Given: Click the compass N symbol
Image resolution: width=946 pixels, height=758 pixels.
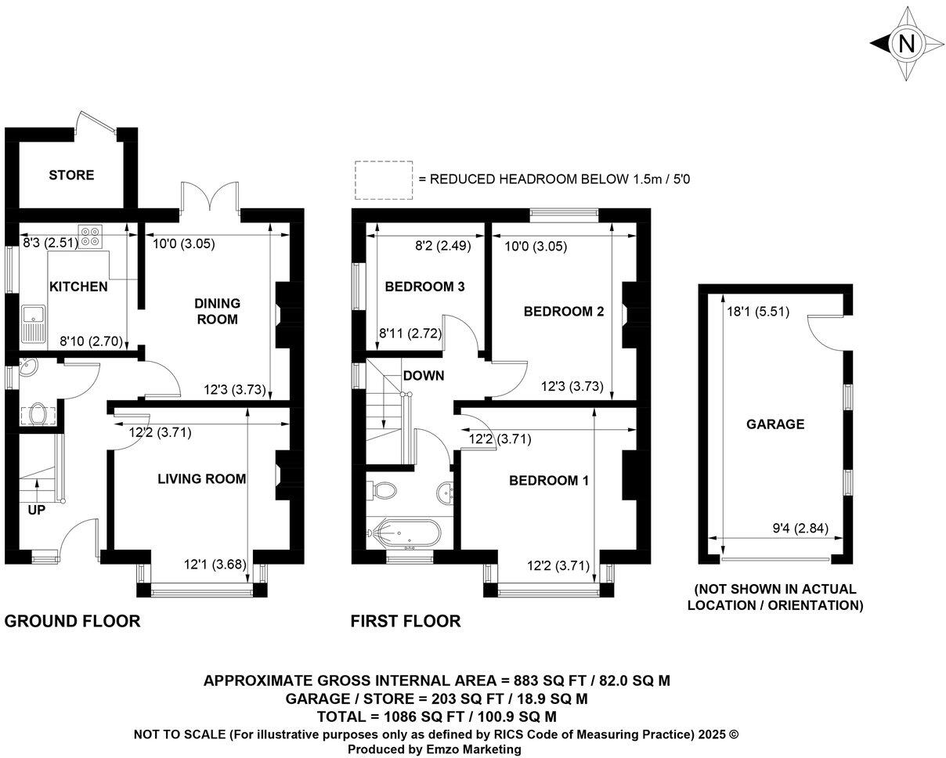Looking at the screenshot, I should (907, 44).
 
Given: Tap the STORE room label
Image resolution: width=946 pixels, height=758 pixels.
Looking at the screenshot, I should (71, 175).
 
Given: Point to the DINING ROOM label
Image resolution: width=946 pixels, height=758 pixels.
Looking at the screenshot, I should (217, 311).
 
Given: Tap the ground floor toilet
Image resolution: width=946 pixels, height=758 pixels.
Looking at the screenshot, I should (35, 413).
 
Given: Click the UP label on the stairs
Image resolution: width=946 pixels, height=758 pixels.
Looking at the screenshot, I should (36, 511).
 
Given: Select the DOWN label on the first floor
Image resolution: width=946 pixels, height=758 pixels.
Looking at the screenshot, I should (424, 375).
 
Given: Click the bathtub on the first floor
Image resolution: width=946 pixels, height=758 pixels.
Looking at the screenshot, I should (404, 533).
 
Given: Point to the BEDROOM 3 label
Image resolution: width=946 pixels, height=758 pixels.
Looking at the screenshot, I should (424, 287).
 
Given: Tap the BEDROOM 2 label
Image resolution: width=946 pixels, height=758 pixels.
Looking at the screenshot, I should (564, 312).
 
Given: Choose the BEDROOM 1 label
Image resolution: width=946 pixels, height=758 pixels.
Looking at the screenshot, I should (548, 480).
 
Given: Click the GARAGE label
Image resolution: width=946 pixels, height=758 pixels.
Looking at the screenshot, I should (774, 424).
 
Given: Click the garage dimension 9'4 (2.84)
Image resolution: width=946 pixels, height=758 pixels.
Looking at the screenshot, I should (798, 528).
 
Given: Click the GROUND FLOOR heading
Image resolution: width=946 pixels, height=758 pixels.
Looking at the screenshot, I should (72, 621).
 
